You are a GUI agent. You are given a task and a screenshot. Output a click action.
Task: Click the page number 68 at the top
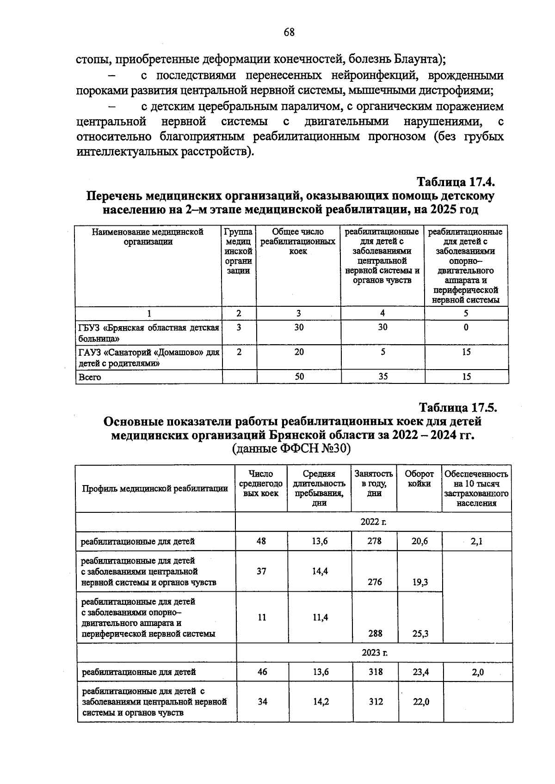(289, 32)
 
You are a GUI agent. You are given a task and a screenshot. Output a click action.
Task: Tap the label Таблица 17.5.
(458, 407)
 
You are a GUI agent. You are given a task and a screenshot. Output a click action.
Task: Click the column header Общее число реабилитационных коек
(298, 241)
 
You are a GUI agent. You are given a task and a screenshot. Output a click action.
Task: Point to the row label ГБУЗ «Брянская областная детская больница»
(148, 333)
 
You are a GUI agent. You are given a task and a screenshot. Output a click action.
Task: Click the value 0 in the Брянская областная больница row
(466, 327)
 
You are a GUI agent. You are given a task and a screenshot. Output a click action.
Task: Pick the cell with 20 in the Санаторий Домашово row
(299, 352)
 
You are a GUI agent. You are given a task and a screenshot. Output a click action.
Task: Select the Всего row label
(90, 377)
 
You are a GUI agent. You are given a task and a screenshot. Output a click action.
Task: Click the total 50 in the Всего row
(299, 377)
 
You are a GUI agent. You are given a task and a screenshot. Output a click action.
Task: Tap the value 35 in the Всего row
(382, 377)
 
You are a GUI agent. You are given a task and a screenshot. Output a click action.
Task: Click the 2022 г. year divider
(373, 522)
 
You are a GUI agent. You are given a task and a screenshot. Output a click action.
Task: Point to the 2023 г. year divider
(374, 653)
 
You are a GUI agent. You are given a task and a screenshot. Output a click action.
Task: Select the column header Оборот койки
(419, 479)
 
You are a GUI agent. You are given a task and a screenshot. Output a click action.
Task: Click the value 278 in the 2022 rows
(374, 541)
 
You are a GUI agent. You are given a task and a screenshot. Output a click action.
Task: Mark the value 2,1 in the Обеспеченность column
(476, 541)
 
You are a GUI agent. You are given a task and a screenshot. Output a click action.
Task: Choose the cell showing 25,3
(420, 633)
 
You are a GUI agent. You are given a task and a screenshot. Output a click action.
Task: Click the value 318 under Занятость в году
(376, 672)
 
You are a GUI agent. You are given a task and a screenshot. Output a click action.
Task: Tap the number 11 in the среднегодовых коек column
(262, 617)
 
